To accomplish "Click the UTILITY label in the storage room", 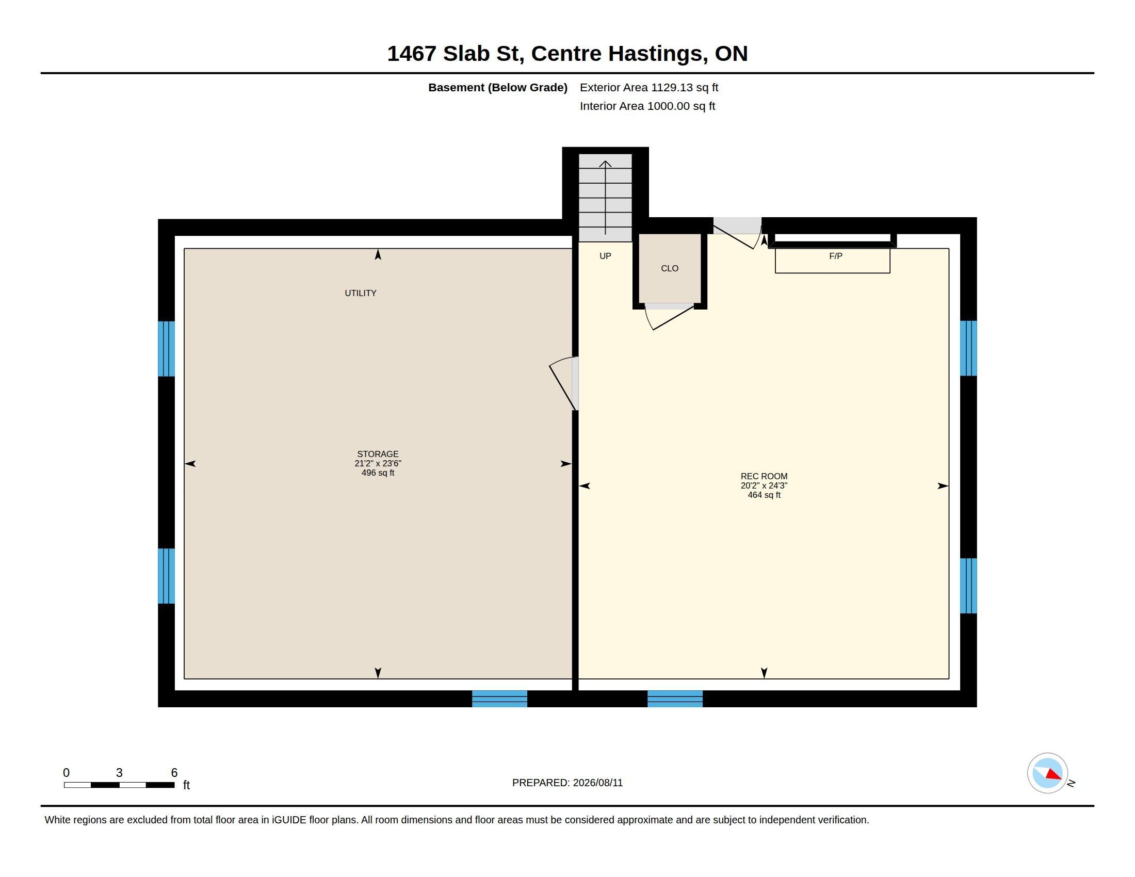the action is point(361,293).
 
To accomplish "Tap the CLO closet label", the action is point(669,268).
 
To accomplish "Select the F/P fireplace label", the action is point(836,255).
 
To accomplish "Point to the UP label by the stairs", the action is point(606,255).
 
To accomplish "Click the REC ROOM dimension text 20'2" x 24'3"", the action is point(764,485).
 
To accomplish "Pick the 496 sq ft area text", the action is point(378,473).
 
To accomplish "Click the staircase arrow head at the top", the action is point(606,164).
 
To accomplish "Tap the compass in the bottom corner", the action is point(1047,773).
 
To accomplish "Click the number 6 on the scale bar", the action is point(174,773).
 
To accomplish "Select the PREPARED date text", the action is point(567,783).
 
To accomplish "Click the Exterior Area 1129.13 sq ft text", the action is point(649,87).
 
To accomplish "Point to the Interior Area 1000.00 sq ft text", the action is point(647,106).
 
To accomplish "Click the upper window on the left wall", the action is point(166,349).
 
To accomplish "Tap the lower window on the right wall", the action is point(968,586).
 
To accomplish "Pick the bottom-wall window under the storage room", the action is point(499,699).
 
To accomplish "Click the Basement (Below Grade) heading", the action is point(497,87).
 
